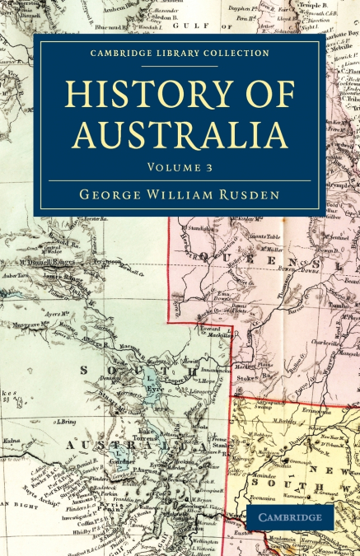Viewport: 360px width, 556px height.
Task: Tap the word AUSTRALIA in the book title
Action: click(x=180, y=133)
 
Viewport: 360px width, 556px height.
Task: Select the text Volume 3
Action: click(x=180, y=167)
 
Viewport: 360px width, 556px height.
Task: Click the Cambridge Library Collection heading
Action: click(x=180, y=54)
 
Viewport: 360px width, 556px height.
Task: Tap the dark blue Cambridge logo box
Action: click(x=291, y=517)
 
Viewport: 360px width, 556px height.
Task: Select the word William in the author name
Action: click(x=180, y=197)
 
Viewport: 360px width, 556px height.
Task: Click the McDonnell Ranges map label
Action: click(x=55, y=261)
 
